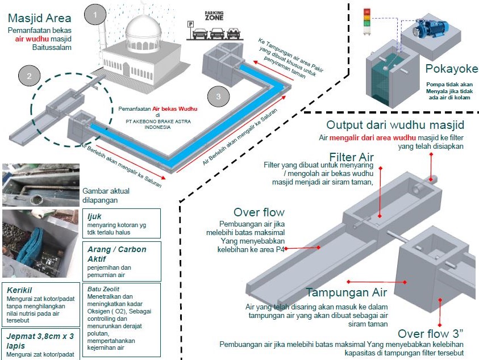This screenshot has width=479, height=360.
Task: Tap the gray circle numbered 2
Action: click(28, 76)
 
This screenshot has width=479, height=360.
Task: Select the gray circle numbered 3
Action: click(218, 96)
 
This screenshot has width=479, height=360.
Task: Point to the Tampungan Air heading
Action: click(347, 293)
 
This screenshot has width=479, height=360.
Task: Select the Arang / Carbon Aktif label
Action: click(116, 254)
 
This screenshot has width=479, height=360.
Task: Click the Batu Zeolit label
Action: click(102, 288)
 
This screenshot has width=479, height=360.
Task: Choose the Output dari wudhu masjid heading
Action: click(395, 125)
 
